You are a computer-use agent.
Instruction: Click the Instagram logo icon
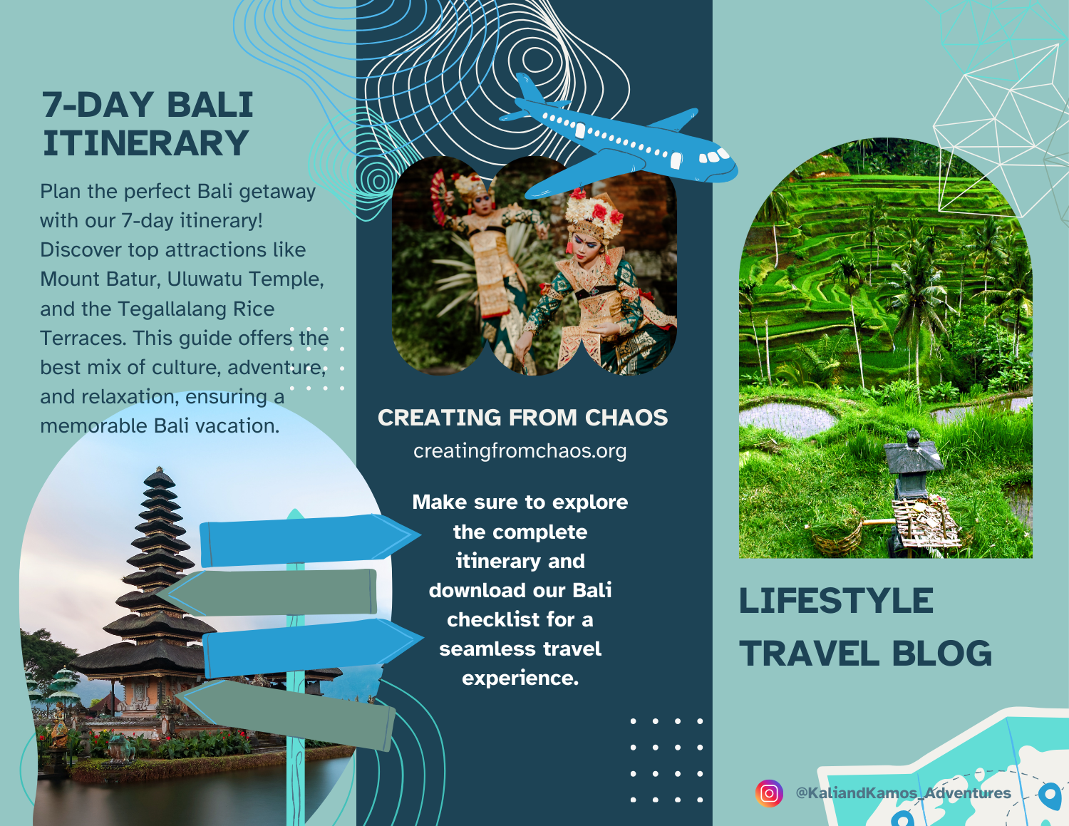pyautogui.click(x=769, y=793)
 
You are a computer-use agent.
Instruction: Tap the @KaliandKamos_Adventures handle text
pyautogui.click(x=903, y=793)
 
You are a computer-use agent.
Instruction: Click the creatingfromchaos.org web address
pyautogui.click(x=520, y=451)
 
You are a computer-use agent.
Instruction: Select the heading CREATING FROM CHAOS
pyautogui.click(x=522, y=418)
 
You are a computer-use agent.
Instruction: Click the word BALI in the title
pyautogui.click(x=210, y=105)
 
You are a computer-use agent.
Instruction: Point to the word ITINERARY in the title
pyautogui.click(x=146, y=143)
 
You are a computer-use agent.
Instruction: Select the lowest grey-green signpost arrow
pyautogui.click(x=285, y=713)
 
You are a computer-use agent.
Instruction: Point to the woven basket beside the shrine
pyautogui.click(x=837, y=537)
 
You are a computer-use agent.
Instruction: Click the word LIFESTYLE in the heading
pyautogui.click(x=835, y=602)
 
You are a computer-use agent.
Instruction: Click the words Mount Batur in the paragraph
pyautogui.click(x=99, y=279)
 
